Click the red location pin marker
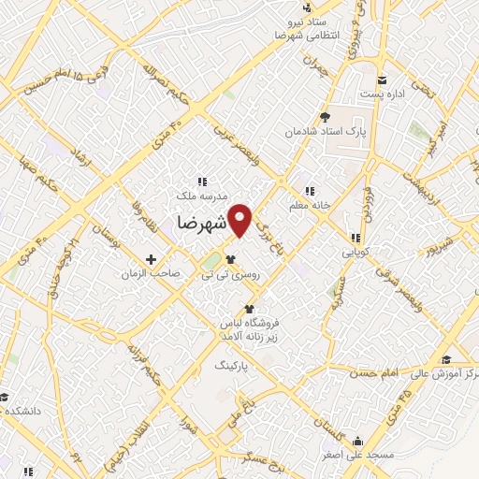pyautogui.click(x=240, y=219)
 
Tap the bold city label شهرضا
pyautogui.click(x=200, y=225)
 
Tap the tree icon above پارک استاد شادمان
pyautogui.click(x=326, y=117)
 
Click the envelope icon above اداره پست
pyautogui.click(x=382, y=78)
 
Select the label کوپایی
pyautogui.click(x=356, y=253)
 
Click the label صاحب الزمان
pyautogui.click(x=151, y=274)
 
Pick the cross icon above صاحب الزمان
pyautogui.click(x=151, y=258)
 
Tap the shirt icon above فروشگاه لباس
pyautogui.click(x=248, y=309)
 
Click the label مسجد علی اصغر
pyautogui.click(x=358, y=455)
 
